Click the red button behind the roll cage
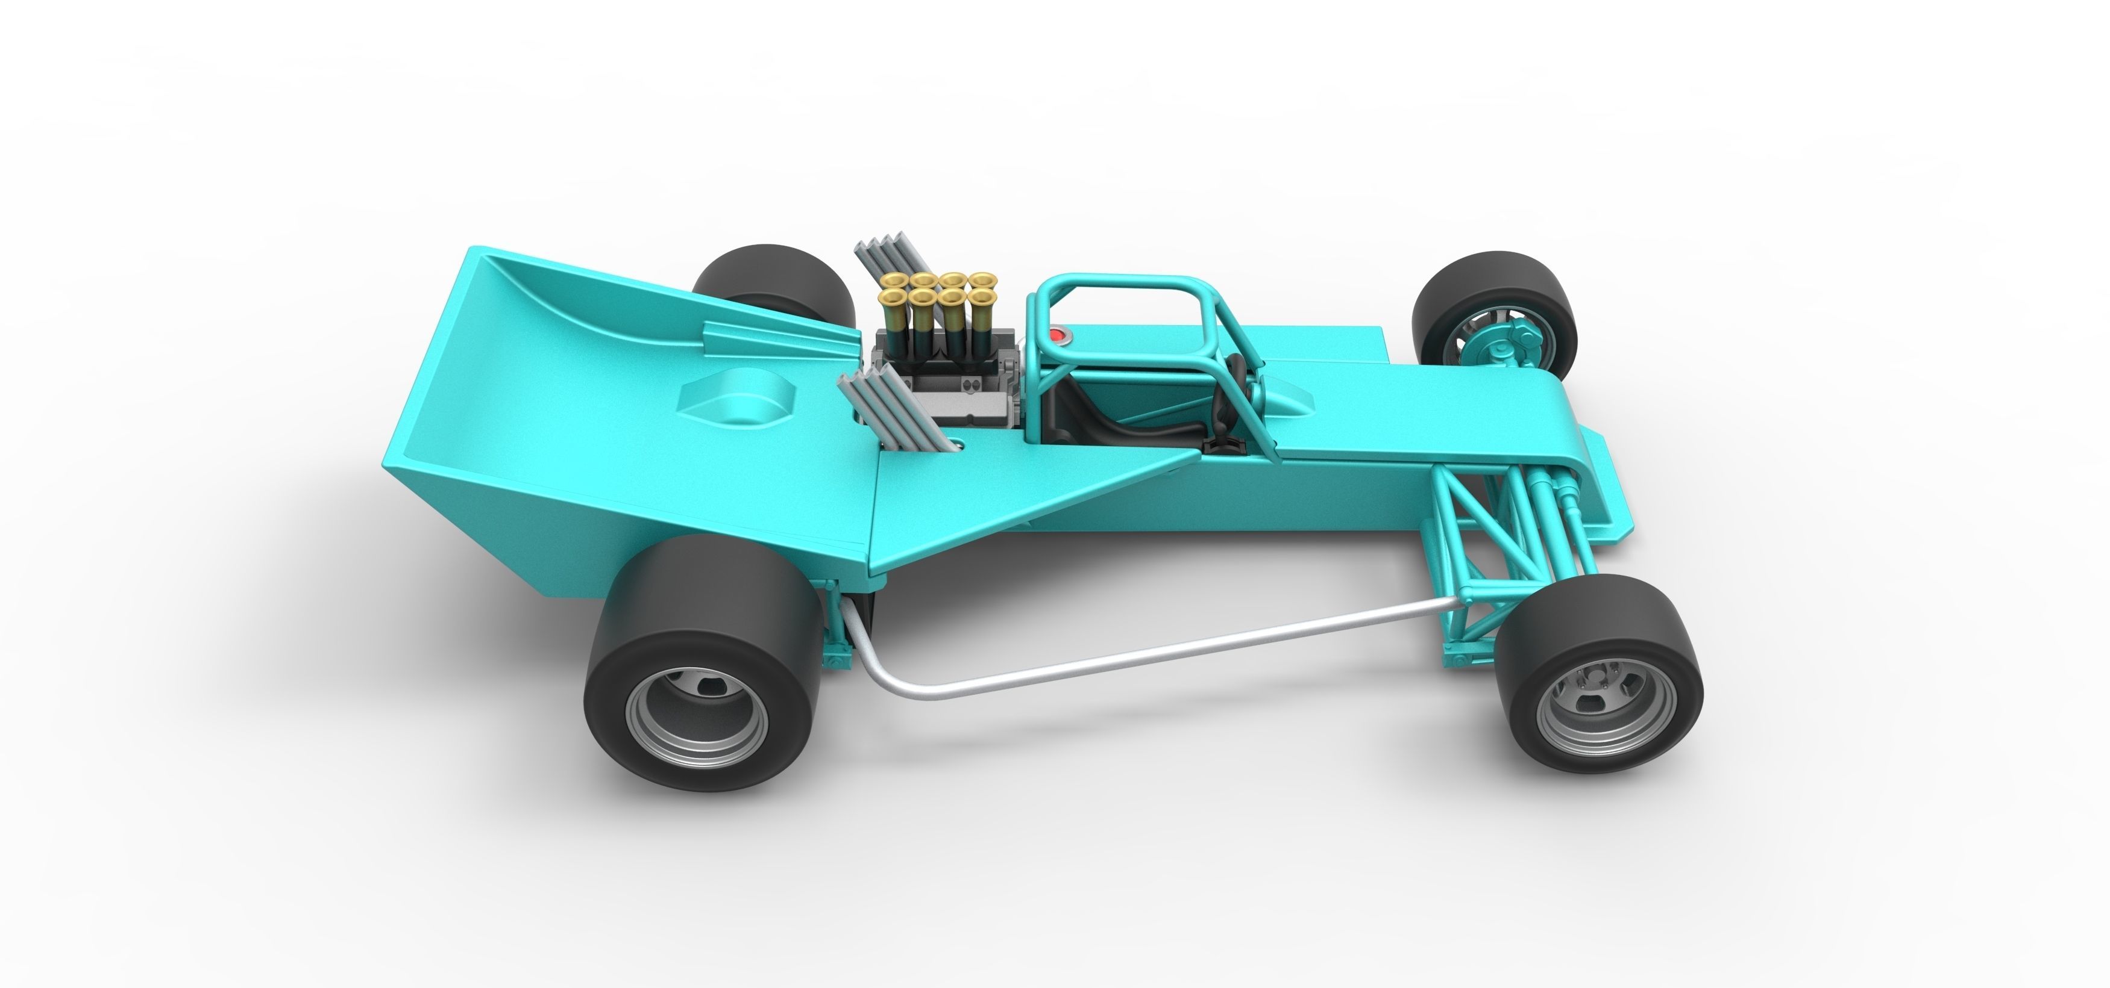pyautogui.click(x=1059, y=335)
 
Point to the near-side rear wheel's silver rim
pyautogui.click(x=697, y=719)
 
